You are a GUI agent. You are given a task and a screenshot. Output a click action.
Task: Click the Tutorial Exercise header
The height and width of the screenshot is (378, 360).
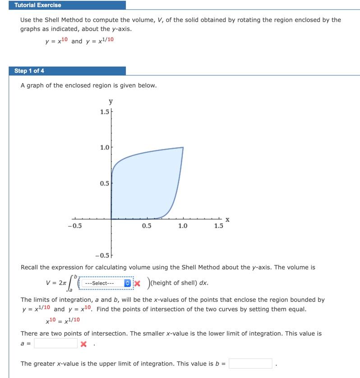click(38, 5)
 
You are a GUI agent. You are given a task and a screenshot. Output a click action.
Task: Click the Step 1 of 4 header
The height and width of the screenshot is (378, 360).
click(29, 71)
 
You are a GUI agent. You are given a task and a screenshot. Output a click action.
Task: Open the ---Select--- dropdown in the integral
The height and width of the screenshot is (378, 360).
click(107, 283)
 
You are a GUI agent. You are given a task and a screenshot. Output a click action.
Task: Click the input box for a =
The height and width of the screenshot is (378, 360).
click(55, 344)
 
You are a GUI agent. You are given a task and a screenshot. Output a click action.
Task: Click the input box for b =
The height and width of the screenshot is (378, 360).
click(250, 364)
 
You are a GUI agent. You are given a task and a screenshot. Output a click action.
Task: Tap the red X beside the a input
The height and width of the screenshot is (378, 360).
click(83, 344)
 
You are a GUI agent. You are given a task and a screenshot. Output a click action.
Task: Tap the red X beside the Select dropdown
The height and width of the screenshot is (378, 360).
click(138, 283)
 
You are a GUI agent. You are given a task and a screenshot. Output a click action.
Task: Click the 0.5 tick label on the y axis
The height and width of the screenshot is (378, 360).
click(105, 183)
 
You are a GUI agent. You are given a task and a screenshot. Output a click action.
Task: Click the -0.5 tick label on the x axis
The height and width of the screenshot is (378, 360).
click(74, 226)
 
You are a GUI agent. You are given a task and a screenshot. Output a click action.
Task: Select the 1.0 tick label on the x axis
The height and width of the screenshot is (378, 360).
click(183, 226)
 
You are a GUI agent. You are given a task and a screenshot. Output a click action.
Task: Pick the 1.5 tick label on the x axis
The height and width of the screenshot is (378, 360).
click(219, 226)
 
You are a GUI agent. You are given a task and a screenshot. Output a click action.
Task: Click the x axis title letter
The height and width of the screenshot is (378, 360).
click(227, 220)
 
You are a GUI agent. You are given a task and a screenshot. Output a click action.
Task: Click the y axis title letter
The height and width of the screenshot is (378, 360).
click(111, 102)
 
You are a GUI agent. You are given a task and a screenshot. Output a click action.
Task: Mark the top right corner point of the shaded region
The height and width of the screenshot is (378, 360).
click(183, 147)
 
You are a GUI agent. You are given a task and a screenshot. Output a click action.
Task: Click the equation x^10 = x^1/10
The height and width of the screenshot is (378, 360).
click(63, 319)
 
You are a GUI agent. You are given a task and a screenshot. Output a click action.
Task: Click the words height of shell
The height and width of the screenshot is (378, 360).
click(171, 283)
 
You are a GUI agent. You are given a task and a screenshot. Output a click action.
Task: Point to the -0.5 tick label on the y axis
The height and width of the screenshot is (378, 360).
click(104, 255)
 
